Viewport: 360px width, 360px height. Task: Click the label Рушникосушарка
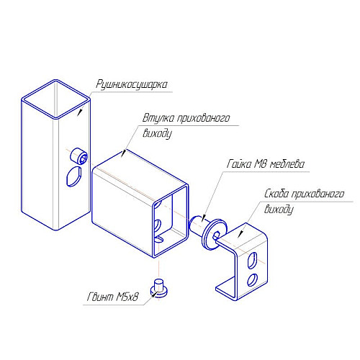132,85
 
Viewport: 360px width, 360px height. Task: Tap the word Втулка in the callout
158,118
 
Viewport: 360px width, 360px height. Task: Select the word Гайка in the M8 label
239,164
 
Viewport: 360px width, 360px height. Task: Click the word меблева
287,164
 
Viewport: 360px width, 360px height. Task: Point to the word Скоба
276,194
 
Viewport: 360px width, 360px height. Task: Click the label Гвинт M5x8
112,297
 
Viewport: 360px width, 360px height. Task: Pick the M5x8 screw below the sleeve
159,288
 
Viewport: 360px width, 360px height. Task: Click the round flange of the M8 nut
214,234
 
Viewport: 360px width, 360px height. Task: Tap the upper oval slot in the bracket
252,260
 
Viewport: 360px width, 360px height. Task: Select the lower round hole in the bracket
252,279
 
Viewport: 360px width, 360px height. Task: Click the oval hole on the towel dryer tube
74,176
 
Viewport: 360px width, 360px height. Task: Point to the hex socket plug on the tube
79,156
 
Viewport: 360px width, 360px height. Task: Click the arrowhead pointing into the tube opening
80,112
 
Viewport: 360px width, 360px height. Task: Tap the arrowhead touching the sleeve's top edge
124,153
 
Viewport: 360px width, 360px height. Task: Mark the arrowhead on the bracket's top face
240,234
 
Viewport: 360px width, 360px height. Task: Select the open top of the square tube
56,99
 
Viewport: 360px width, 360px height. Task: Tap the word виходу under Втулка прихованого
158,133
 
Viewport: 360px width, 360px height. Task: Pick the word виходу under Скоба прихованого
279,210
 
